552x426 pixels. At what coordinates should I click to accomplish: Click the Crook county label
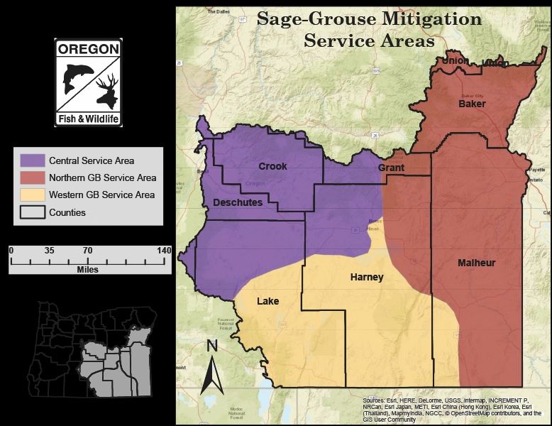(x=272, y=166)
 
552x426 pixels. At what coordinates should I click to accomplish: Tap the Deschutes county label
(x=238, y=203)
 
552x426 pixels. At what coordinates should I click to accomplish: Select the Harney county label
(x=367, y=277)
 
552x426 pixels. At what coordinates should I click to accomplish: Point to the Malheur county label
(x=476, y=263)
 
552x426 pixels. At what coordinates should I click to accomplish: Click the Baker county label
(x=472, y=104)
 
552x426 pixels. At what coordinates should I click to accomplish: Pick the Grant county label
(x=391, y=168)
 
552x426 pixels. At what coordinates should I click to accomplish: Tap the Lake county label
(x=267, y=301)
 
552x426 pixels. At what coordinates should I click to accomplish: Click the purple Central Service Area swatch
(x=32, y=160)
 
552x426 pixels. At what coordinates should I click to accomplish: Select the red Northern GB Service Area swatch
(x=32, y=177)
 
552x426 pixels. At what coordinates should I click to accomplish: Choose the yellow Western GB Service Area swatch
(x=32, y=195)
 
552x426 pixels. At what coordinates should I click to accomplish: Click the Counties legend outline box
(x=32, y=212)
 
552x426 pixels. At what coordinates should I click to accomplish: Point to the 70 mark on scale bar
(x=88, y=251)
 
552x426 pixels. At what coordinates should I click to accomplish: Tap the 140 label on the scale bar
(x=164, y=251)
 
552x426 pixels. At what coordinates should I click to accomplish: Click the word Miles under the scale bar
(x=88, y=270)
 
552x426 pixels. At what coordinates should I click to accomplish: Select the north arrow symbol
(x=211, y=367)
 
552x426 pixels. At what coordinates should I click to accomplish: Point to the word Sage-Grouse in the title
(x=308, y=19)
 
